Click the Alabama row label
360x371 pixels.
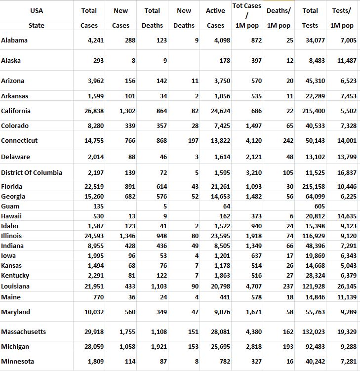[x=14, y=41]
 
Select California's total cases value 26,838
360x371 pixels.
[x=92, y=111]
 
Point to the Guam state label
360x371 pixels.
[x=10, y=206]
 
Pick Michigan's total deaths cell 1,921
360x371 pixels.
[x=158, y=347]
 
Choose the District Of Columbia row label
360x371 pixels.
[x=32, y=173]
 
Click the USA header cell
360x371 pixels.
[x=37, y=10]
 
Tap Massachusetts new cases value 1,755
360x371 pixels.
[x=127, y=332]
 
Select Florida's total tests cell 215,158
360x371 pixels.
[x=313, y=187]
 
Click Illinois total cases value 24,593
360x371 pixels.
[x=92, y=236]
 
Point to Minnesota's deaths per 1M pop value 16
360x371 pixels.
[x=289, y=362]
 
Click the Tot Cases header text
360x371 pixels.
[x=246, y=6]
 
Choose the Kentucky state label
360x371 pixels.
[x=15, y=276]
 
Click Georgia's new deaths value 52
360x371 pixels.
[x=195, y=197]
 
